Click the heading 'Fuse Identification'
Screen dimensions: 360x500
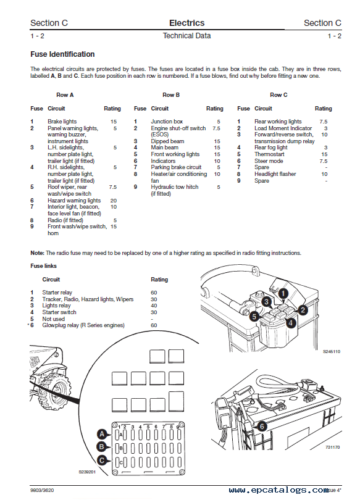pos(62,54)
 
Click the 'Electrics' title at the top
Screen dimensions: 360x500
pos(187,23)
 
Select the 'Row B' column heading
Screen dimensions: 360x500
pos(171,94)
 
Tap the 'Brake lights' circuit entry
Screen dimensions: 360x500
pos(62,122)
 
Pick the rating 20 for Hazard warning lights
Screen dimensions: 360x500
pos(114,201)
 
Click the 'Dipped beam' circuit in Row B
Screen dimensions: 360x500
pos(167,141)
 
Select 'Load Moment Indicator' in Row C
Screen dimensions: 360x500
pos(283,128)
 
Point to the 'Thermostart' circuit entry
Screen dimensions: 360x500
pos(269,154)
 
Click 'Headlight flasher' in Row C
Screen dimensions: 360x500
pos(275,174)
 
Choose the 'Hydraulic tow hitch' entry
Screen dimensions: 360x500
pos(175,187)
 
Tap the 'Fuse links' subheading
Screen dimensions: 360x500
pos(43,266)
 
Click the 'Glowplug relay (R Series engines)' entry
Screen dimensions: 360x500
pos(83,325)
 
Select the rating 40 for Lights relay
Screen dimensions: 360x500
pos(154,306)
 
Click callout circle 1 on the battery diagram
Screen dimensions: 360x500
pos(283,293)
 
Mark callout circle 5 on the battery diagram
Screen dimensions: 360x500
pos(254,316)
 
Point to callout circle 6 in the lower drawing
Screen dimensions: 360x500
pos(262,427)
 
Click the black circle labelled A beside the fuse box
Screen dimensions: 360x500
pos(102,434)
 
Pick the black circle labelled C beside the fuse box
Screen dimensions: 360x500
pos(102,460)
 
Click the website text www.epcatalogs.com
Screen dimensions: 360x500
pos(279,490)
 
